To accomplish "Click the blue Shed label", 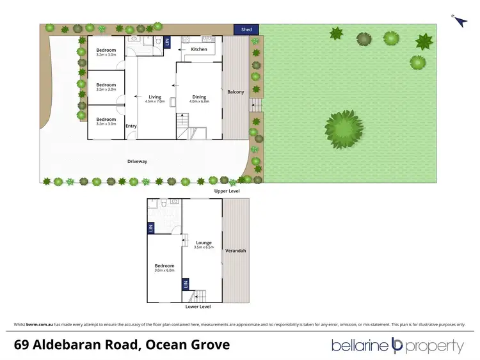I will pyautogui.click(x=246, y=29).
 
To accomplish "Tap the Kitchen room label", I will pyautogui.click(x=199, y=49).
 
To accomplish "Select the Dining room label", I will pyautogui.click(x=199, y=97).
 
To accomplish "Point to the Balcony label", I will pyautogui.click(x=236, y=92).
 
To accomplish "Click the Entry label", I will pyautogui.click(x=131, y=126).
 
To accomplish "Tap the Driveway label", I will pyautogui.click(x=136, y=161).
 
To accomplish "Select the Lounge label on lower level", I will pyautogui.click(x=204, y=243).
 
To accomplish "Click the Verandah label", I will pyautogui.click(x=236, y=251).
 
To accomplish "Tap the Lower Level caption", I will pyautogui.click(x=198, y=307).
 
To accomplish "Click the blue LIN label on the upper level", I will pyautogui.click(x=168, y=42).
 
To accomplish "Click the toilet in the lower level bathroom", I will pyautogui.click(x=164, y=206).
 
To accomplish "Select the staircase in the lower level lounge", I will pyautogui.click(x=200, y=295).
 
